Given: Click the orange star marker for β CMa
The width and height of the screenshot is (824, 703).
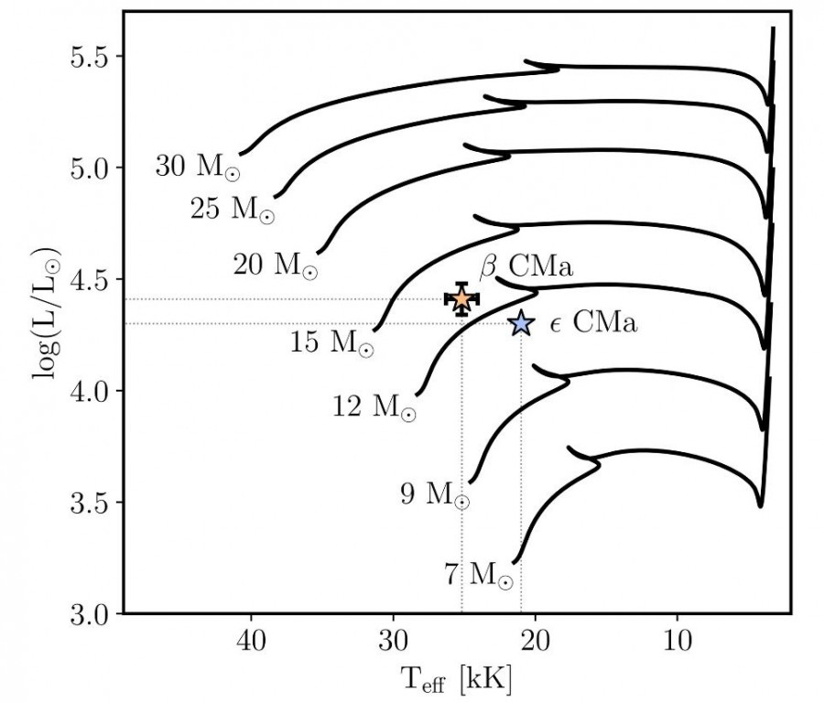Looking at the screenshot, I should pos(462,298).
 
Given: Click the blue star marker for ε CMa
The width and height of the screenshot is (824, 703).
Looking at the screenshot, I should pos(521,323).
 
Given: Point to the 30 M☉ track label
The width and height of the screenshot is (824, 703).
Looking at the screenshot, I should pos(197,167).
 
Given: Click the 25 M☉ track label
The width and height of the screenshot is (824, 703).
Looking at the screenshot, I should pos(232,210).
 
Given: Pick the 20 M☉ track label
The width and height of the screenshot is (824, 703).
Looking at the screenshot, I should pos(275,265).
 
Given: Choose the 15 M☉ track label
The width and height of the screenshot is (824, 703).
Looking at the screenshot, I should pos(331,343).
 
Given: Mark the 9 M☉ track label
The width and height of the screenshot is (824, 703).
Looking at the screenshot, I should pos(435,495).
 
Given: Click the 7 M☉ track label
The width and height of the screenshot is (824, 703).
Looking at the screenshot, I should pos(478,575).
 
